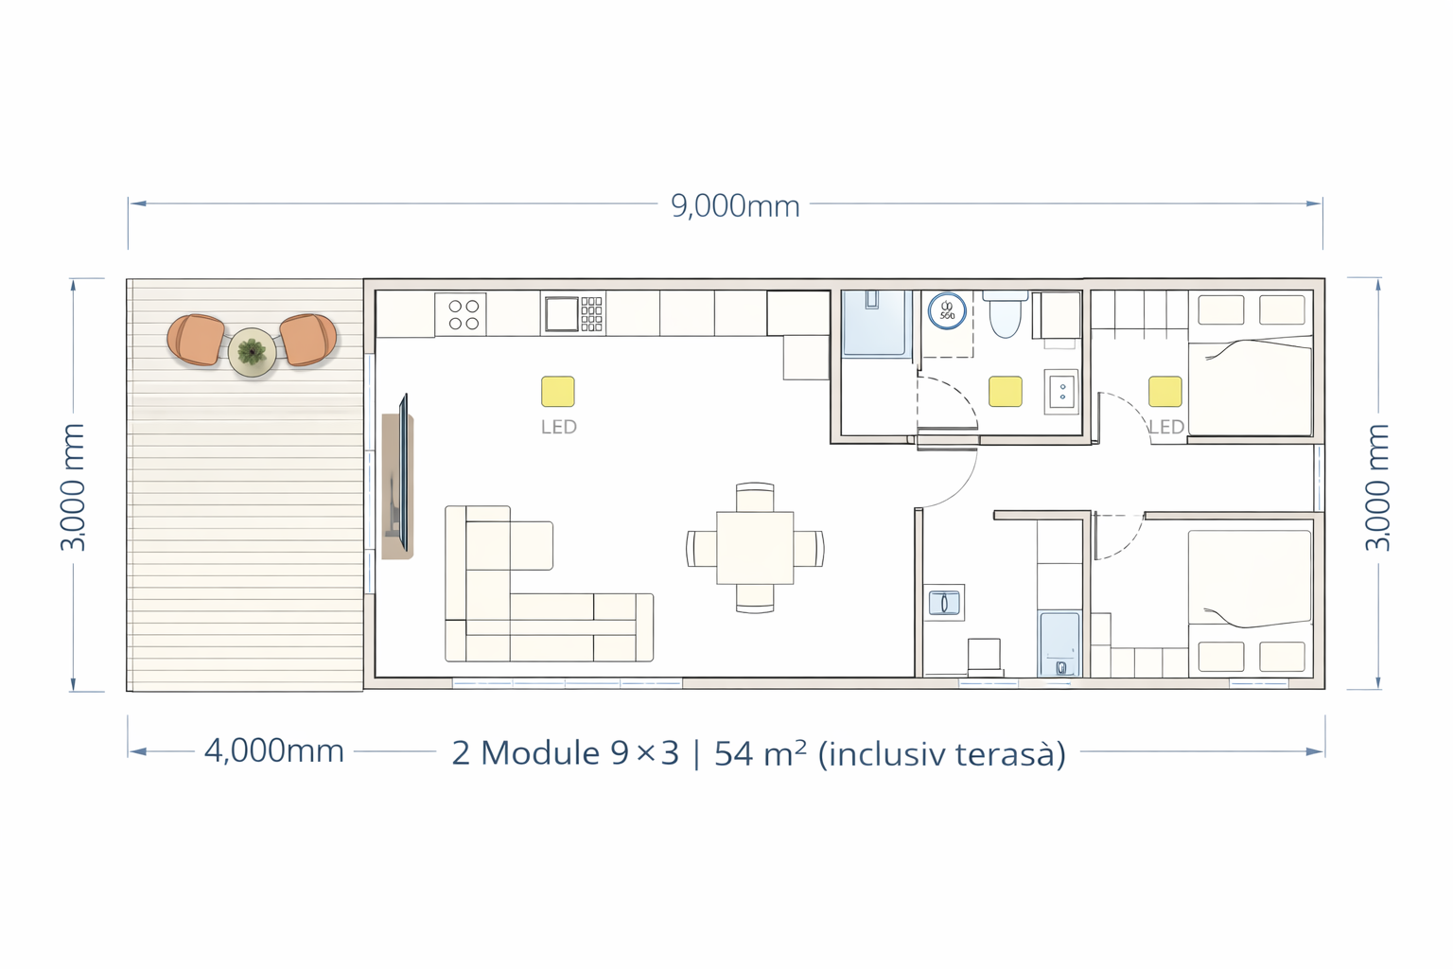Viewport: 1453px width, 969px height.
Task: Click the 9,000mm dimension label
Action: tap(735, 206)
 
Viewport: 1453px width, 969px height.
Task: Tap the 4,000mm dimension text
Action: tap(273, 751)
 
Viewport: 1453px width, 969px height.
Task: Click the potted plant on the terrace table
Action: tap(252, 352)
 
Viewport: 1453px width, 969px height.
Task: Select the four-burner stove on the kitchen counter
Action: tap(461, 315)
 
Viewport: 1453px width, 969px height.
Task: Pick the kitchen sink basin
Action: tap(561, 313)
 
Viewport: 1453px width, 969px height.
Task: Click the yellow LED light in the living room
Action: tap(558, 392)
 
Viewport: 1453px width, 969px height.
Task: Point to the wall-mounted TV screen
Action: tap(404, 472)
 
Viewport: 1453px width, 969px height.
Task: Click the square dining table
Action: tap(755, 548)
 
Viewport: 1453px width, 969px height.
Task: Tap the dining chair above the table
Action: tap(755, 497)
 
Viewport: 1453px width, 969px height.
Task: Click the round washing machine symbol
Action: tap(947, 311)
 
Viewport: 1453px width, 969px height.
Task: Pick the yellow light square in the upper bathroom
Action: tap(1006, 392)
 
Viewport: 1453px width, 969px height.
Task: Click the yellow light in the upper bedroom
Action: tap(1165, 392)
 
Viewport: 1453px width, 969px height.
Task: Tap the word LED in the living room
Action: tap(559, 427)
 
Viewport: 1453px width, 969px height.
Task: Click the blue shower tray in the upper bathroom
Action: tap(875, 324)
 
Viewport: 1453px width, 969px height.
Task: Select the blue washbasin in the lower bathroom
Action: tap(944, 602)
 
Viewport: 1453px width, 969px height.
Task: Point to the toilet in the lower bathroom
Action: tap(985, 656)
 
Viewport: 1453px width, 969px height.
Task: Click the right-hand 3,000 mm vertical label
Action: tap(1377, 487)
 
